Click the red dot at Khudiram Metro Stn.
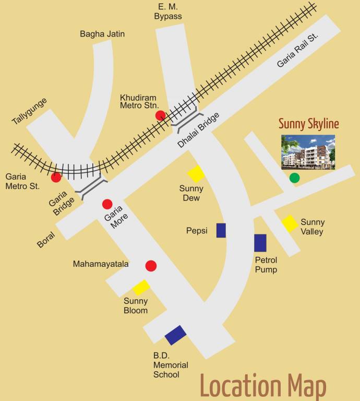tap(161, 115)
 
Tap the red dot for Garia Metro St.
tap(56, 177)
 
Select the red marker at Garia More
tap(107, 204)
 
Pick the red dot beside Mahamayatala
tap(151, 266)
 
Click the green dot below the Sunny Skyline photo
tap(295, 178)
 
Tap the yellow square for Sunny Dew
tap(196, 174)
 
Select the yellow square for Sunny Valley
tap(290, 223)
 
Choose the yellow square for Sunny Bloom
tap(141, 287)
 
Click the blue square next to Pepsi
tap(221, 230)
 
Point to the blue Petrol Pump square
tap(260, 243)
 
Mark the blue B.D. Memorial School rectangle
tap(176, 335)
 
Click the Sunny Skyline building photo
tap(308, 152)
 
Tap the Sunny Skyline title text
tap(308, 124)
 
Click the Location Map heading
tap(263, 386)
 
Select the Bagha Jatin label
tap(102, 34)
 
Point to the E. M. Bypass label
tap(168, 11)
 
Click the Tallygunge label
tap(30, 111)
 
